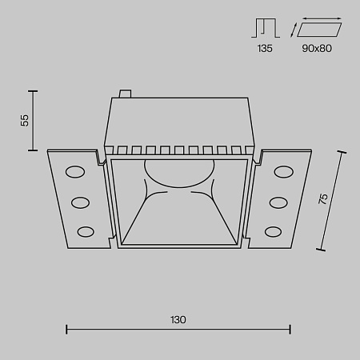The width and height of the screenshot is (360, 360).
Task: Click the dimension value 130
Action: [x=178, y=319]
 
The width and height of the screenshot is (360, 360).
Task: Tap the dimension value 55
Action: [x=25, y=120]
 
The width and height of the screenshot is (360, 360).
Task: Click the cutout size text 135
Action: [x=266, y=49]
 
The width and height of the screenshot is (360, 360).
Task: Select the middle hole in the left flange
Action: [x=80, y=202]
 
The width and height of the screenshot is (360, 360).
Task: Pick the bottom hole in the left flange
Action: [x=84, y=231]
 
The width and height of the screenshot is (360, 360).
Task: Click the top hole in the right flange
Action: [x=283, y=171]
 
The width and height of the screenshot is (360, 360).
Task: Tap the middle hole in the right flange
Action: [x=278, y=202]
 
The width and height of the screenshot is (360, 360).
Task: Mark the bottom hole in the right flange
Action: [x=274, y=231]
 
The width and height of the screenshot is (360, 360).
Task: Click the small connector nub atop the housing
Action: [x=124, y=94]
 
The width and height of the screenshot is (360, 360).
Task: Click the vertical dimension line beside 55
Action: [x=34, y=120]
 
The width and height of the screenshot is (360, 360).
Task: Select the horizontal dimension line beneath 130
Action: [x=178, y=328]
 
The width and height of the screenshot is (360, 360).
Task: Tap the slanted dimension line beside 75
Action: [x=334, y=200]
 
